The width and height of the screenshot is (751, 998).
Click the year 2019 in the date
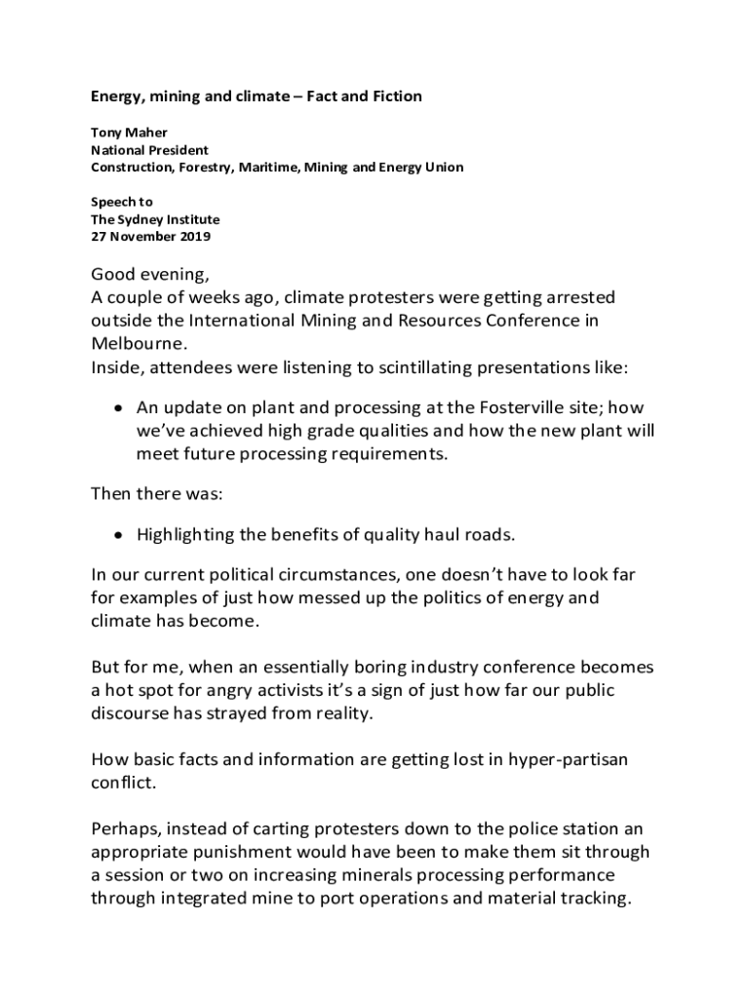[x=194, y=237]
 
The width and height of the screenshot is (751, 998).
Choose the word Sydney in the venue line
[x=143, y=219]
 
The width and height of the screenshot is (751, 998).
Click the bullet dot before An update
[x=118, y=407]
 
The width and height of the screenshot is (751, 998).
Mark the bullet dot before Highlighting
[x=118, y=534]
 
